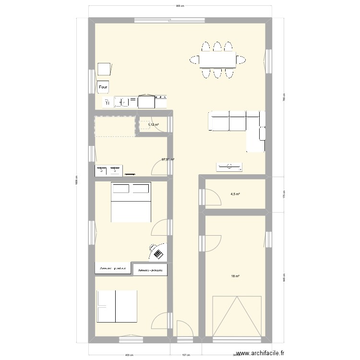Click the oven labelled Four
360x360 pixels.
tap(103, 87)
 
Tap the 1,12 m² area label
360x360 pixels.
tap(153, 125)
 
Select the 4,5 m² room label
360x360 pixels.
tap(235, 194)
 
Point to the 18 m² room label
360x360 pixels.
tap(235, 276)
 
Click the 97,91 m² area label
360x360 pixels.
tap(168, 160)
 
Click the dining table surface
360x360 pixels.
tap(217, 60)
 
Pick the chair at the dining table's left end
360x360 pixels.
tap(194, 60)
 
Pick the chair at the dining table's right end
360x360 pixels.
tap(241, 60)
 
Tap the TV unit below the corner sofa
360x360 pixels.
tap(229, 167)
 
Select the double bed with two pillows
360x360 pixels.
tap(131, 202)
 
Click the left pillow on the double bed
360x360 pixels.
tap(120, 188)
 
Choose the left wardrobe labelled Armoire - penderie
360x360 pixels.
tap(113, 268)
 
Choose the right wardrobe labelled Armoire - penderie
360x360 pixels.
tap(150, 271)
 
